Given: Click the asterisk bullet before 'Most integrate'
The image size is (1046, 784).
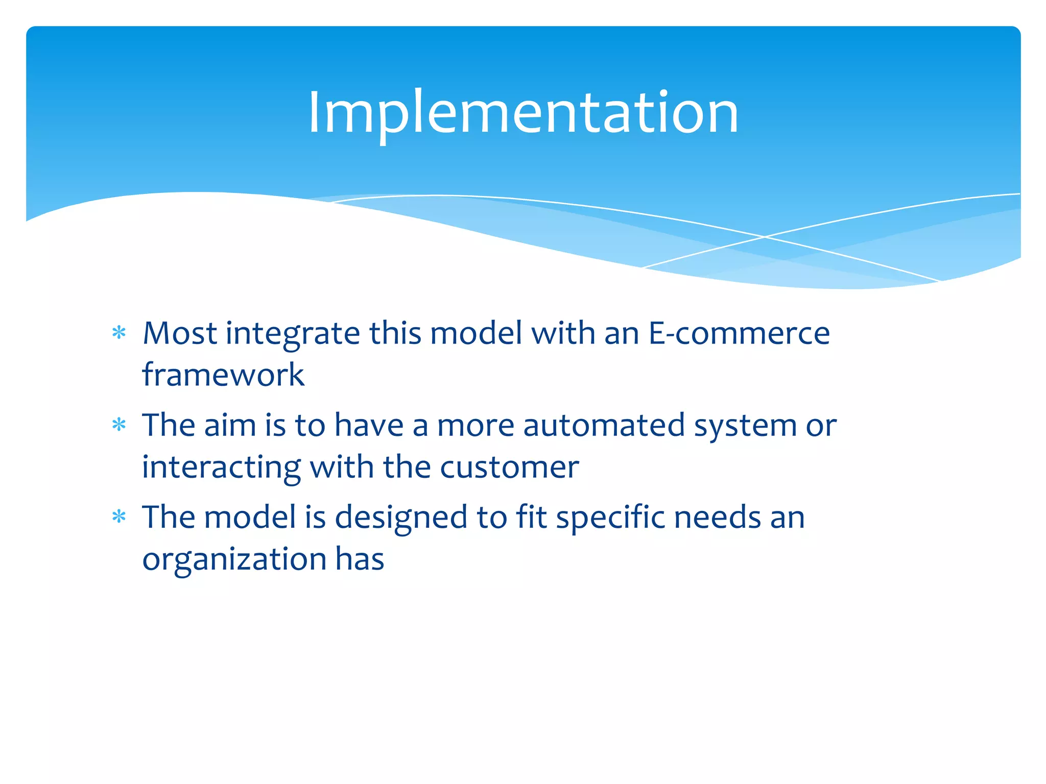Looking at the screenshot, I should pyautogui.click(x=119, y=333).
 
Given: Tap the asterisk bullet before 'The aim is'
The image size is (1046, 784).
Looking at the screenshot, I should pyautogui.click(x=119, y=425).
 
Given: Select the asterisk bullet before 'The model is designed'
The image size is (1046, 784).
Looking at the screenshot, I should pyautogui.click(x=119, y=517).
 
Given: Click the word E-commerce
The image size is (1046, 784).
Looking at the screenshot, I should pyautogui.click(x=739, y=333).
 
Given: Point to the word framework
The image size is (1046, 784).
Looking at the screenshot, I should pyautogui.click(x=223, y=375).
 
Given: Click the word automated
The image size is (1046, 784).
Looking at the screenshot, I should pyautogui.click(x=604, y=425).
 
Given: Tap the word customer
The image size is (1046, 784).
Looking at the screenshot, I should pyautogui.click(x=509, y=467).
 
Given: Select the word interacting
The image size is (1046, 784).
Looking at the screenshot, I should pyautogui.click(x=222, y=468).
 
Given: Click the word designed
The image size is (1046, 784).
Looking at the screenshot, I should pyautogui.click(x=401, y=518).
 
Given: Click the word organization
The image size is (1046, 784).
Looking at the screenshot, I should pyautogui.click(x=234, y=559).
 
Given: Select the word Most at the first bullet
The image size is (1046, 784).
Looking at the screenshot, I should pyautogui.click(x=180, y=333).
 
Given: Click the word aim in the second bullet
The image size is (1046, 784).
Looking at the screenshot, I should pyautogui.click(x=230, y=425).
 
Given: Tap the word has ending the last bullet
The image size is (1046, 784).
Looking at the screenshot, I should pyautogui.click(x=360, y=558).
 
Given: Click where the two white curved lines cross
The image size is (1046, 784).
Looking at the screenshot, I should pyautogui.click(x=765, y=237).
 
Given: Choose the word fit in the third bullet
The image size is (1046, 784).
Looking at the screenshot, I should pyautogui.click(x=531, y=517).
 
